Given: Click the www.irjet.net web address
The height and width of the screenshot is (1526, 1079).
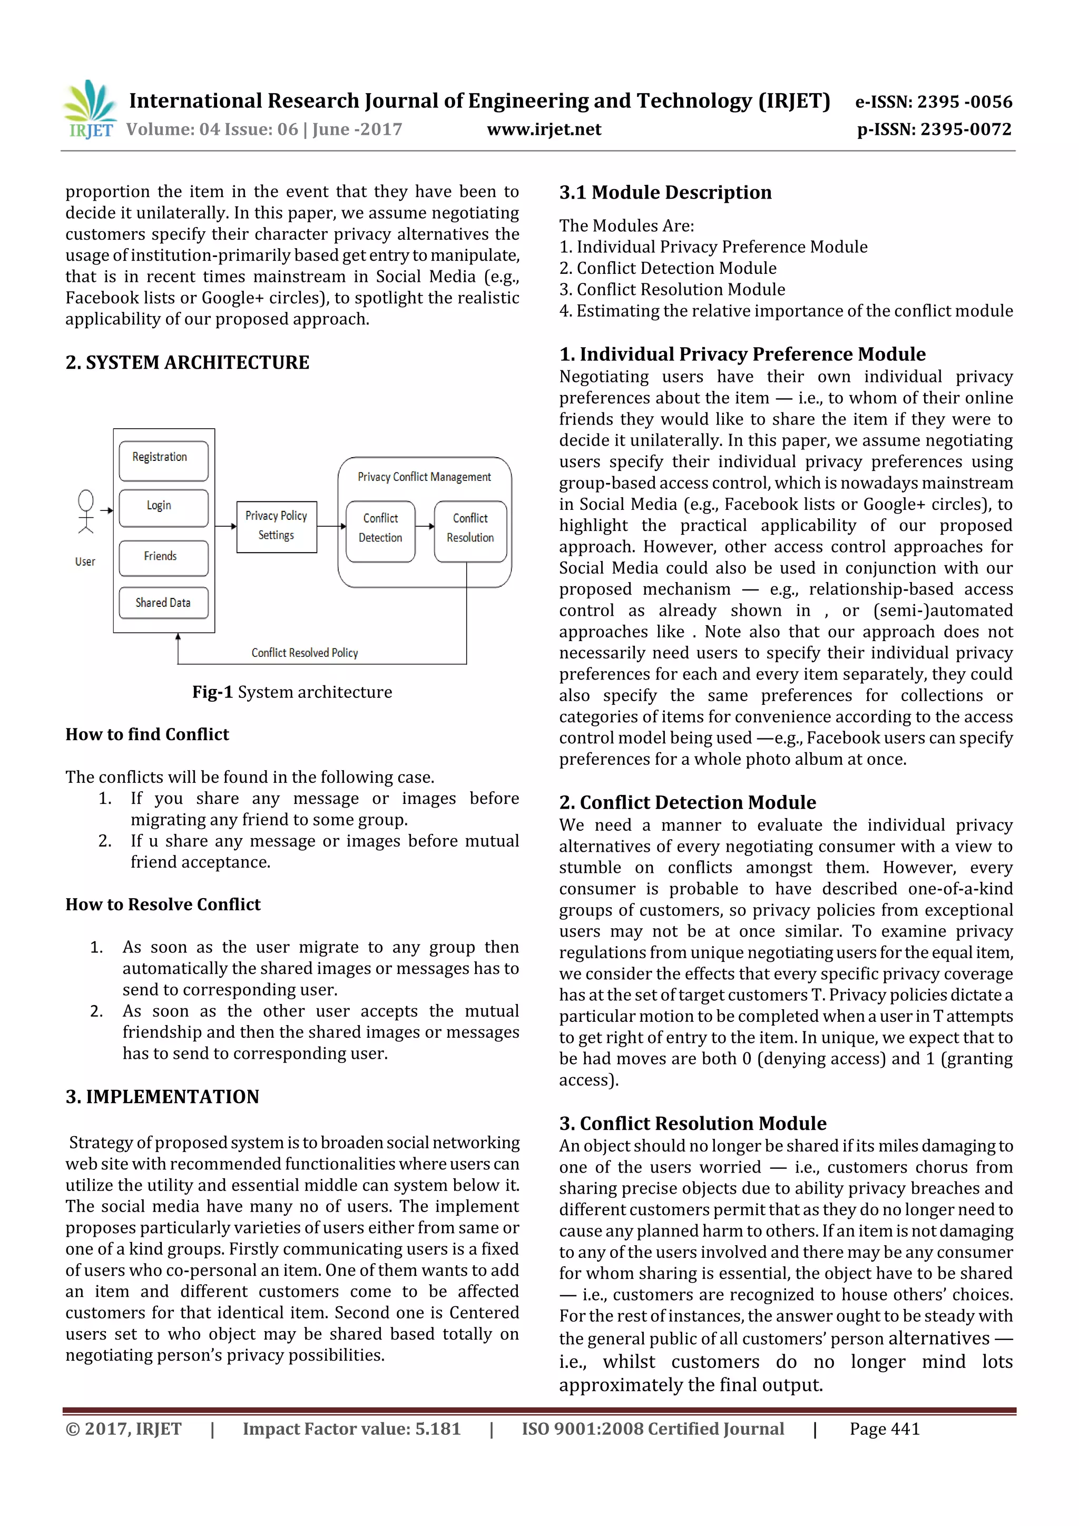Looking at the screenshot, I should click(543, 130).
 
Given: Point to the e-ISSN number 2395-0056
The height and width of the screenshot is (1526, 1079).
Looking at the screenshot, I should click(933, 102).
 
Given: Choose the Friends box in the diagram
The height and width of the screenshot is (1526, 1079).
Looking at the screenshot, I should click(163, 557).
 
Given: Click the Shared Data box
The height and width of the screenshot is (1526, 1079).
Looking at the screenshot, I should click(163, 602).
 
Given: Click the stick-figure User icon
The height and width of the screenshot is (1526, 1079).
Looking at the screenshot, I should click(86, 512).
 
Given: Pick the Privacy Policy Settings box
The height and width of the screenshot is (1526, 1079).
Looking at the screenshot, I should click(276, 526).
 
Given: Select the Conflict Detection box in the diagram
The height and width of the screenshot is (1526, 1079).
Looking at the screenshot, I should click(380, 528).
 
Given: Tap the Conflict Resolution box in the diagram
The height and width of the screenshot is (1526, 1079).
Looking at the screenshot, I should click(470, 528).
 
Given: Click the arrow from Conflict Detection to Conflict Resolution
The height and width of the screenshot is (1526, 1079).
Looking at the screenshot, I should click(424, 526).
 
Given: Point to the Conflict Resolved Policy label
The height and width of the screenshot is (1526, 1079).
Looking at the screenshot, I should click(305, 653).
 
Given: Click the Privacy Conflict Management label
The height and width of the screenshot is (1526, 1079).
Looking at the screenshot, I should click(424, 477).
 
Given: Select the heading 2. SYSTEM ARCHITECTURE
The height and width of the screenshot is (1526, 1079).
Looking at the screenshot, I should click(188, 362).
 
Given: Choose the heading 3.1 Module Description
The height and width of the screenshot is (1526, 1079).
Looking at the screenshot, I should click(665, 193).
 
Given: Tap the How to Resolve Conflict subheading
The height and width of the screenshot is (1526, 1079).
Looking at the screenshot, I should click(163, 904).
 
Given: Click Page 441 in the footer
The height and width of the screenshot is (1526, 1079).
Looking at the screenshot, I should click(884, 1429).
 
